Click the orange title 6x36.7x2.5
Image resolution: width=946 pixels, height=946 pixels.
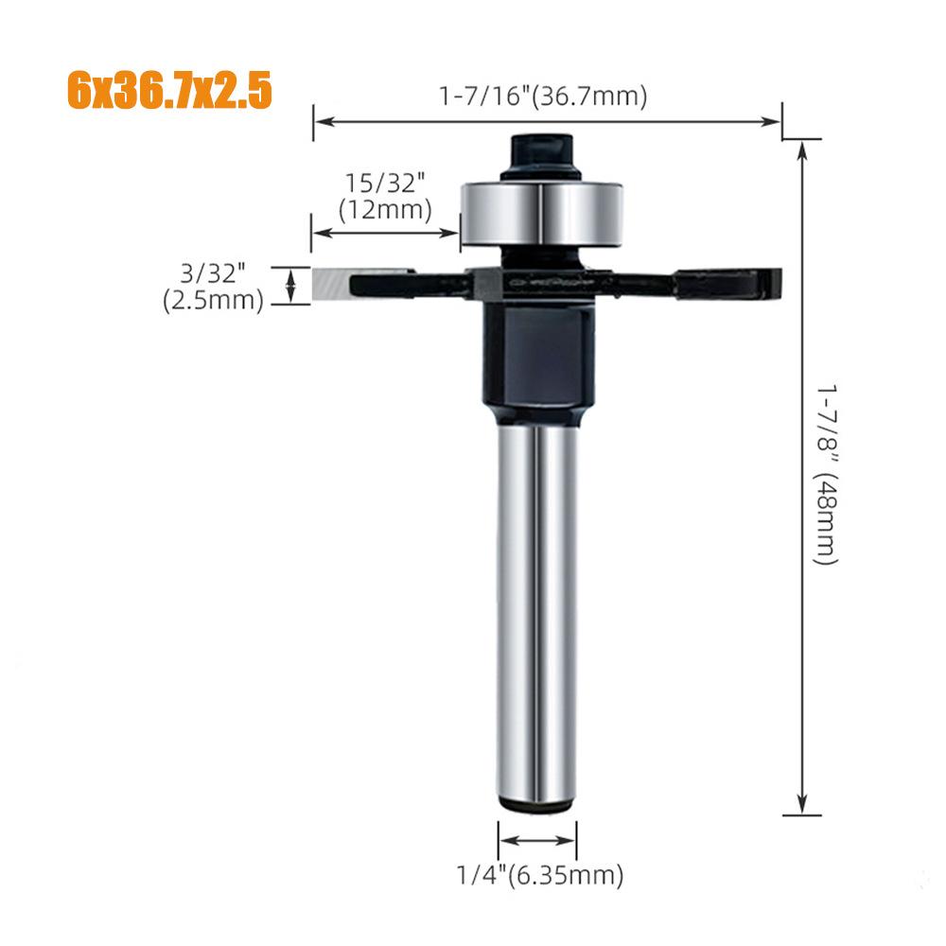pyautogui.click(x=169, y=90)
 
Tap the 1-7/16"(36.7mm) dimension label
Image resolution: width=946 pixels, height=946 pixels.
pyautogui.click(x=543, y=96)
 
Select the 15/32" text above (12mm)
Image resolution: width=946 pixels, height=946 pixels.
pyautogui.click(x=385, y=183)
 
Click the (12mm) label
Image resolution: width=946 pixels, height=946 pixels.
pyautogui.click(x=385, y=210)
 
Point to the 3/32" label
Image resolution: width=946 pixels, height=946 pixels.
pyautogui.click(x=213, y=273)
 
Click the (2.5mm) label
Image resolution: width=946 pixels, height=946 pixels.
pyautogui.click(x=213, y=300)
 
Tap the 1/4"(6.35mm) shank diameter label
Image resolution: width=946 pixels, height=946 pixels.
pyautogui.click(x=539, y=875)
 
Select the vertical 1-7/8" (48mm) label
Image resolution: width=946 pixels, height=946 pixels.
pyautogui.click(x=826, y=474)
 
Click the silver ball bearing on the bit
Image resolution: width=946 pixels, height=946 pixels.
pyautogui.click(x=542, y=214)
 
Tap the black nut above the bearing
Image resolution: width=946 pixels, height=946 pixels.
pyautogui.click(x=541, y=156)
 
